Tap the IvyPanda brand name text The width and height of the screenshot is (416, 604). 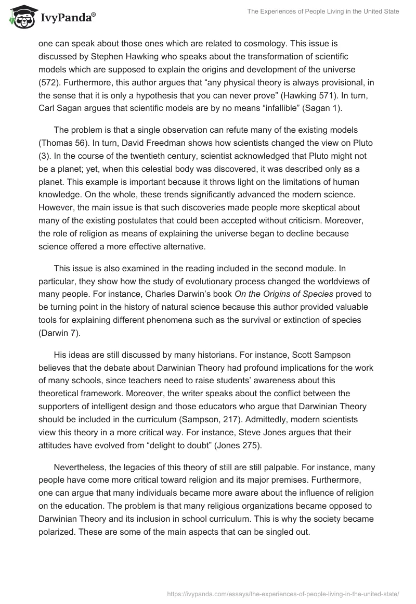(x=67, y=19)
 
